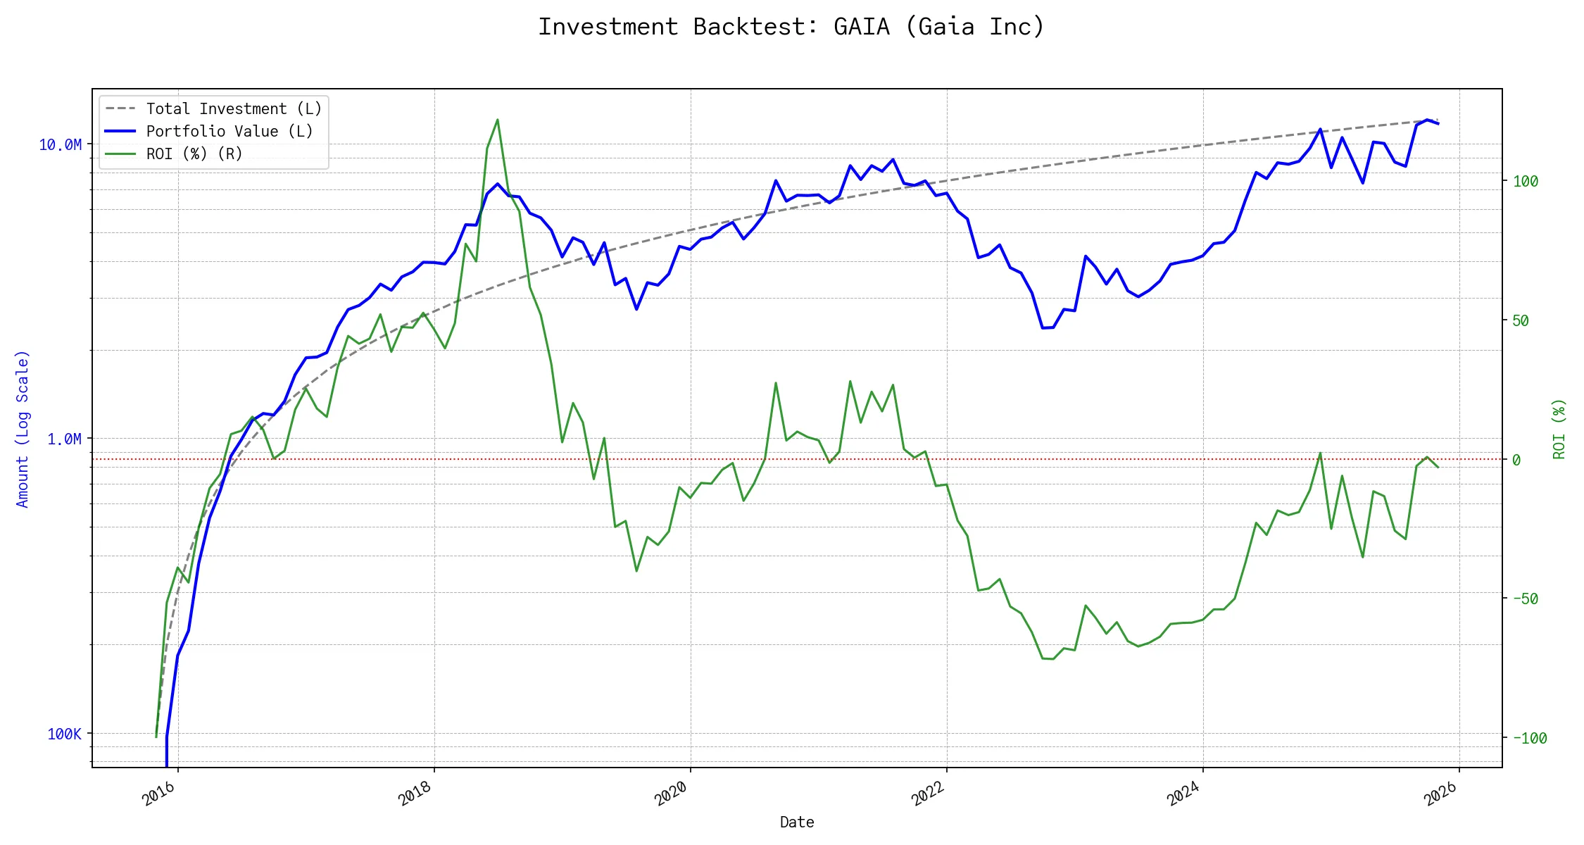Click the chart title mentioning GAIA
coord(791,27)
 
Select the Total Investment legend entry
coord(233,109)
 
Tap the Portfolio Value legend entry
coord(229,132)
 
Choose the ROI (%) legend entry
coord(194,154)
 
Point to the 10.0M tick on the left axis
coord(60,145)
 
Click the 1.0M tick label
coord(64,439)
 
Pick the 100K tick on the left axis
coord(64,734)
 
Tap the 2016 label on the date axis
coord(159,794)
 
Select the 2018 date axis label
coord(415,794)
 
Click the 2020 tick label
coord(672,794)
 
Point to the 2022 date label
coord(928,794)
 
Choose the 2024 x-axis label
coord(1184,794)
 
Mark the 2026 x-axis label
coord(1440,794)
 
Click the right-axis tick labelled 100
coord(1526,182)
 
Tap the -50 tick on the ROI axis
coord(1525,599)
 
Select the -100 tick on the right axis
coord(1529,739)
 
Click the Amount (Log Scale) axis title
coord(23,429)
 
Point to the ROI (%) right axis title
coord(1559,429)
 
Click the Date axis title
coord(797,822)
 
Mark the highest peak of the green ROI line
coord(498,120)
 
